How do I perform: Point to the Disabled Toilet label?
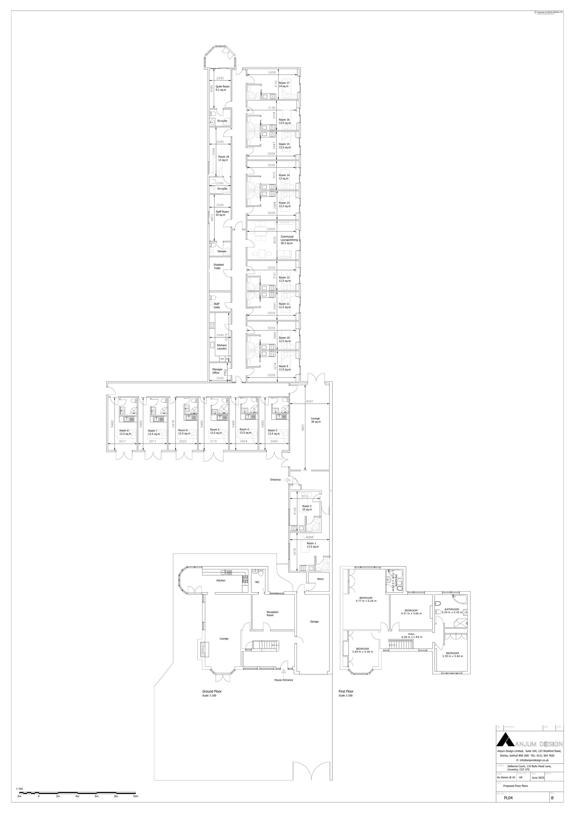(218, 266)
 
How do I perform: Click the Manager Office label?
(217, 371)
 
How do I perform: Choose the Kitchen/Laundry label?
(222, 347)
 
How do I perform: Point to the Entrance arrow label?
(275, 480)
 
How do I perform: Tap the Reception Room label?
(273, 613)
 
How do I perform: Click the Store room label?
(320, 579)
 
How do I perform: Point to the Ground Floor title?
(212, 691)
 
